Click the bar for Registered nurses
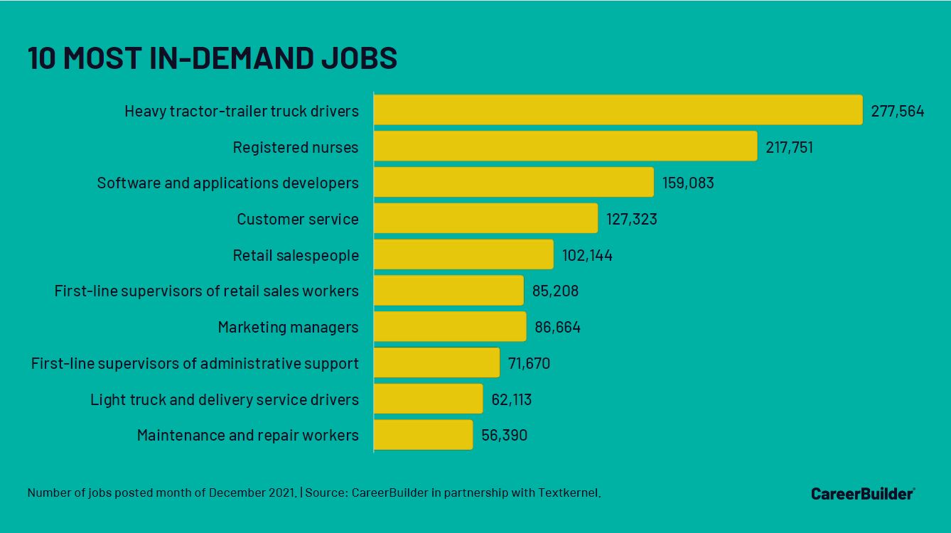point(565,146)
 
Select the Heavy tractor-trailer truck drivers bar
point(618,110)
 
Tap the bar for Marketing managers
point(449,327)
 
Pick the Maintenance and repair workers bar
point(423,435)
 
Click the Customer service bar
point(485,219)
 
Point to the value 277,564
point(897,111)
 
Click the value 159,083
point(687,183)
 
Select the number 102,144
point(587,256)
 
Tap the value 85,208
point(555,291)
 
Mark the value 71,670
point(529,364)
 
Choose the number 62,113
point(511,400)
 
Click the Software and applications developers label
point(227,183)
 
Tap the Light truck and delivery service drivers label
point(224,400)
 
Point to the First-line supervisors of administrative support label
point(195,364)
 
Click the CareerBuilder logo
point(862,493)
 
